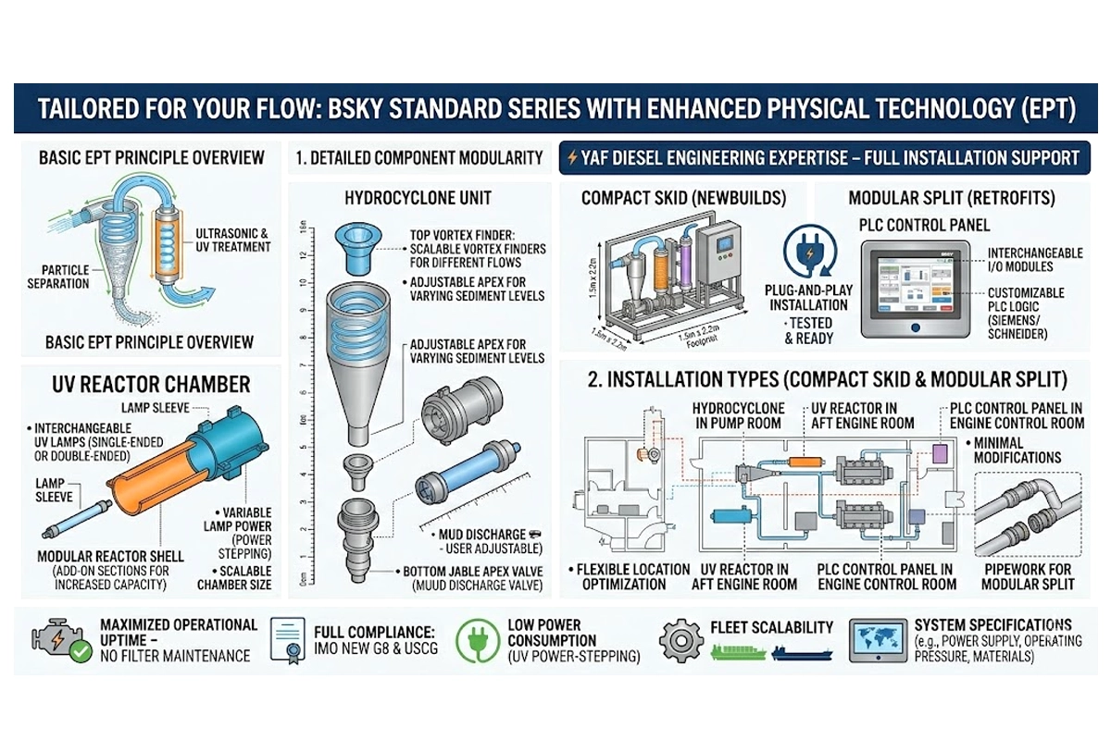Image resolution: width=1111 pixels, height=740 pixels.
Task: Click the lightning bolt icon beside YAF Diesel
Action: tap(572, 158)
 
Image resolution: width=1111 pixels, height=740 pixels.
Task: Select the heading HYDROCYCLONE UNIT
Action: tap(405, 198)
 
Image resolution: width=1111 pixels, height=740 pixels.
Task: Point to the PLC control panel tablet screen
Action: tap(917, 282)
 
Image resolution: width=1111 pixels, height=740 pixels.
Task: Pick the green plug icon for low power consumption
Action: tap(480, 637)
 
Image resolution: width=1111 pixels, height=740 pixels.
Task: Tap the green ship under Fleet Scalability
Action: tap(738, 653)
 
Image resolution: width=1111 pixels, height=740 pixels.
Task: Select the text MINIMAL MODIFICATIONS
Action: tap(1017, 450)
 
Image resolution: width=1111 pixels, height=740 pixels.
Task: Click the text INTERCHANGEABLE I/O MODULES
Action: tap(1032, 260)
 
